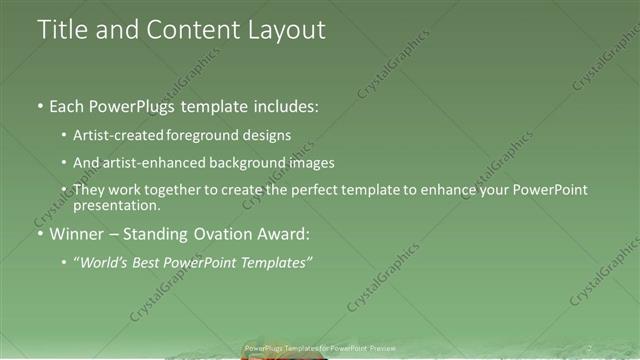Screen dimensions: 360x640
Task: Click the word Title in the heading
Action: point(64,30)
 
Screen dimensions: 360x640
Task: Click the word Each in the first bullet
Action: point(67,107)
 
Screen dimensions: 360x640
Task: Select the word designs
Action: point(268,135)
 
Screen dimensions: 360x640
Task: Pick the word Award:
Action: point(286,235)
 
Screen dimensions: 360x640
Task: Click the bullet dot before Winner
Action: point(39,235)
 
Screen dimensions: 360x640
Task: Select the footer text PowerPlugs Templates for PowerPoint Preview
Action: point(320,348)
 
